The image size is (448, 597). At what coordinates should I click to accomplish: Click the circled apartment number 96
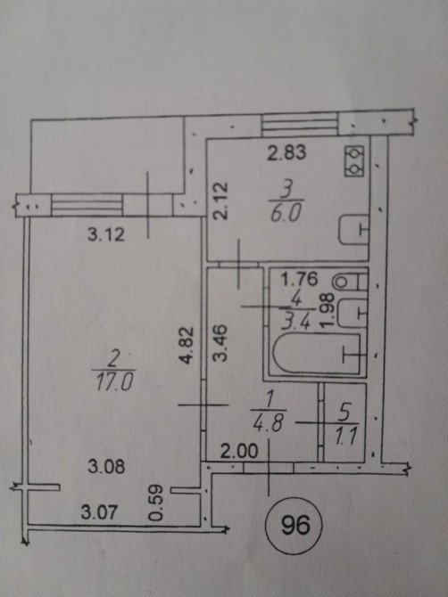[295, 526]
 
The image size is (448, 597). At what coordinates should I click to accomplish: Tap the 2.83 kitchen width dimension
[286, 152]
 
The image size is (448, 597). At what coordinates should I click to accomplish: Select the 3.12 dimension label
[106, 234]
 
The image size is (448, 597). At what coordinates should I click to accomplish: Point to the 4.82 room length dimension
[187, 346]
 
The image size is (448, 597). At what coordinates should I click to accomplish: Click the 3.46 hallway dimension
[220, 342]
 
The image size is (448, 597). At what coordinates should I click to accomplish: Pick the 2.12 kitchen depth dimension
[220, 201]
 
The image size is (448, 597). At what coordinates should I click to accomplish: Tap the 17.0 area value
[114, 382]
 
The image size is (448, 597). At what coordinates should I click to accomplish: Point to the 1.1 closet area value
[346, 437]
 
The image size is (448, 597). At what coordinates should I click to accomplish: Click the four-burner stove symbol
[355, 161]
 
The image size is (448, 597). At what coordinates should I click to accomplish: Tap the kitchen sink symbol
[353, 230]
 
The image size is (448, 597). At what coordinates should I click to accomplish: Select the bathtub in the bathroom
[317, 354]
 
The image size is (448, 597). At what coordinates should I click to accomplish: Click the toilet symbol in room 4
[349, 282]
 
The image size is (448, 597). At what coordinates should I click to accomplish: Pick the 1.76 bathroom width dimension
[299, 280]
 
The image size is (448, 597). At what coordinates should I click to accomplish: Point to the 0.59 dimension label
[156, 503]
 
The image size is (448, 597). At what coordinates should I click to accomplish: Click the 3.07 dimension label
[99, 512]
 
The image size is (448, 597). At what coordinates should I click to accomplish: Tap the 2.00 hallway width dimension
[239, 452]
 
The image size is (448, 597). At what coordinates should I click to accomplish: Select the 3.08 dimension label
[106, 466]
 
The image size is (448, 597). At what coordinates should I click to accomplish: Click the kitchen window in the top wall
[300, 125]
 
